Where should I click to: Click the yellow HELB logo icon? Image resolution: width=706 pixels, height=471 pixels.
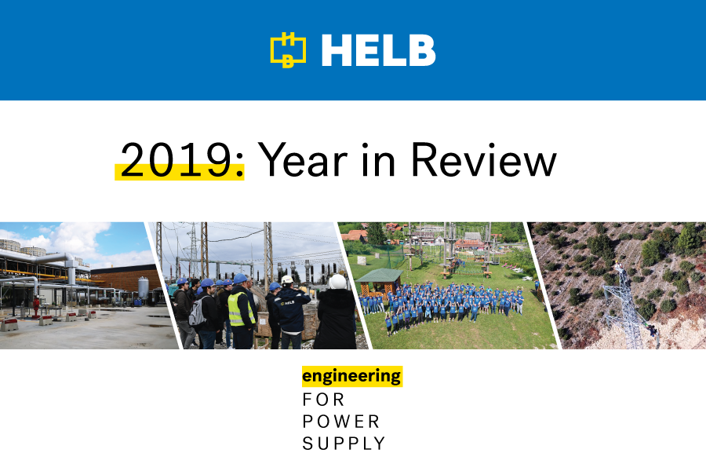288,50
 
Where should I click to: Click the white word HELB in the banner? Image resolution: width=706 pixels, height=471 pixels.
378,50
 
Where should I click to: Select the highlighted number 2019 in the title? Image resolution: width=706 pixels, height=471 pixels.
175,160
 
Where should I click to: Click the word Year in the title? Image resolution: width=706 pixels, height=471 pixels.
303,159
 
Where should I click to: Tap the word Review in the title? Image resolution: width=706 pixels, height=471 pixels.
484,159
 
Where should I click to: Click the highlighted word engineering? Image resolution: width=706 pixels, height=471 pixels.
351,376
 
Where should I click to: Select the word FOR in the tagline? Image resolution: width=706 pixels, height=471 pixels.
323,400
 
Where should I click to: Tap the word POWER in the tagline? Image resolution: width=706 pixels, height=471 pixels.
341,422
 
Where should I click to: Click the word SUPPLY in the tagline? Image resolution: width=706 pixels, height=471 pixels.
344,444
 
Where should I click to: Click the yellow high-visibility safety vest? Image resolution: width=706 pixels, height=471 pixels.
240,309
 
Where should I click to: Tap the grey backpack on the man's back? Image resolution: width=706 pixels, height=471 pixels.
197,312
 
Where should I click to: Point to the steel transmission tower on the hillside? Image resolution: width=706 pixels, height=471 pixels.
629,306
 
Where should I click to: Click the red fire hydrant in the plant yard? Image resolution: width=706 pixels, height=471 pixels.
36,305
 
